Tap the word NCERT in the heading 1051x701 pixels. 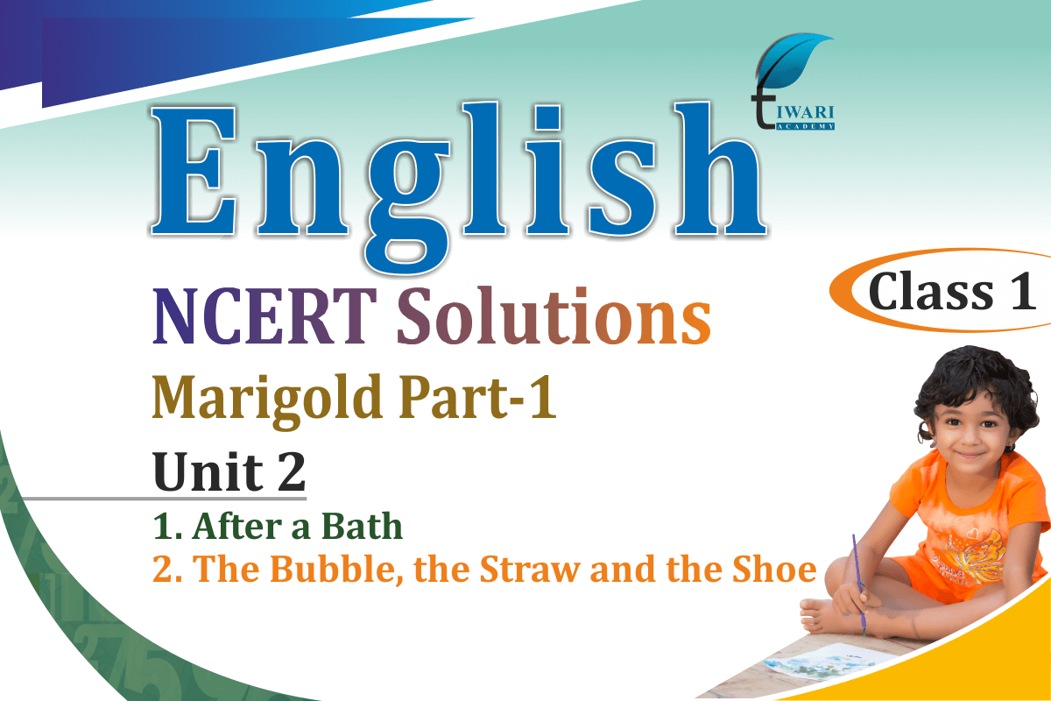point(265,316)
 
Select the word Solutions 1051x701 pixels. point(554,315)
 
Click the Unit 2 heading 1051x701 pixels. point(229,471)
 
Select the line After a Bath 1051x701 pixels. point(278,526)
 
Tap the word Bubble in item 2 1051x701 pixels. point(336,569)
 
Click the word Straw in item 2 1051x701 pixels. point(530,569)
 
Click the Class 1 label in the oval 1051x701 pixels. point(952,292)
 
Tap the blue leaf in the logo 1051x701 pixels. point(793,60)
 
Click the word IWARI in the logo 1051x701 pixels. point(805,112)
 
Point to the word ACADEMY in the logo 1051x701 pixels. point(805,126)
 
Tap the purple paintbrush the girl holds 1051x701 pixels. point(858,584)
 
